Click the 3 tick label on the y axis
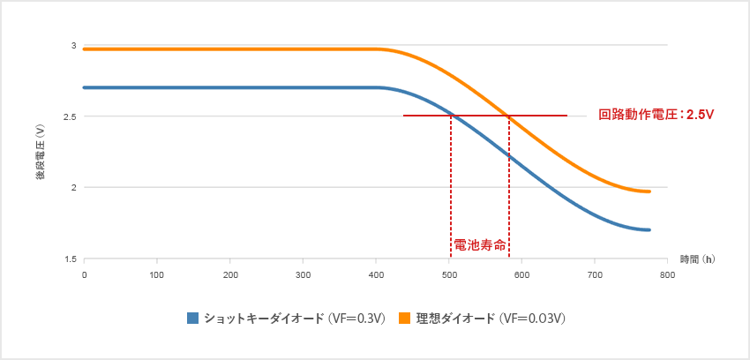click(x=74, y=45)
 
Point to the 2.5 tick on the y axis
click(x=71, y=116)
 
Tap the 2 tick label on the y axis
click(x=74, y=187)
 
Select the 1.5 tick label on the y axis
click(x=71, y=259)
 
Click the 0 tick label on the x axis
click(x=84, y=275)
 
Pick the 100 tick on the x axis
click(x=157, y=275)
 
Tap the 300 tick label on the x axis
click(x=303, y=275)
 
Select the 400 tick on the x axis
click(x=376, y=275)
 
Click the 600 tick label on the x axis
click(x=521, y=275)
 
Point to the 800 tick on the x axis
click(x=667, y=275)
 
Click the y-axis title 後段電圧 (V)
click(x=41, y=152)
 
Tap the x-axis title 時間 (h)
click(x=697, y=259)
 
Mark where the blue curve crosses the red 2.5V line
click(x=451, y=115)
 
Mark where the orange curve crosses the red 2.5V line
click(x=509, y=115)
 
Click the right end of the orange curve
click(x=649, y=191)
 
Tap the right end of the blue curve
click(x=649, y=229)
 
